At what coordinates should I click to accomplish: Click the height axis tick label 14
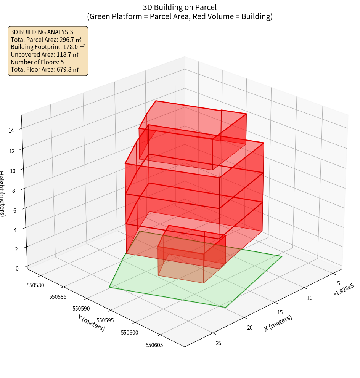11,131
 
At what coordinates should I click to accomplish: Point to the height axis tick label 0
17,268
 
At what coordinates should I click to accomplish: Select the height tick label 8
13,190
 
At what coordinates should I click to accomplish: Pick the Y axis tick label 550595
105,320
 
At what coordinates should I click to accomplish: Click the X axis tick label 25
219,343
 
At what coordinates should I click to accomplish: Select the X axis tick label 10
310,298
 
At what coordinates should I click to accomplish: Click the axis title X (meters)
278,323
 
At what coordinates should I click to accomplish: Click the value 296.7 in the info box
70,40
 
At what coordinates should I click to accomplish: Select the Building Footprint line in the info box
48,47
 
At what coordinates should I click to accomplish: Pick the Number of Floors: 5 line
37,62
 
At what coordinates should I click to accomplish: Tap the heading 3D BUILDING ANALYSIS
42,32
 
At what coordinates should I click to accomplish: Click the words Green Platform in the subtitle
112,16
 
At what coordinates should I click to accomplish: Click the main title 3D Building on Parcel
180,7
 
